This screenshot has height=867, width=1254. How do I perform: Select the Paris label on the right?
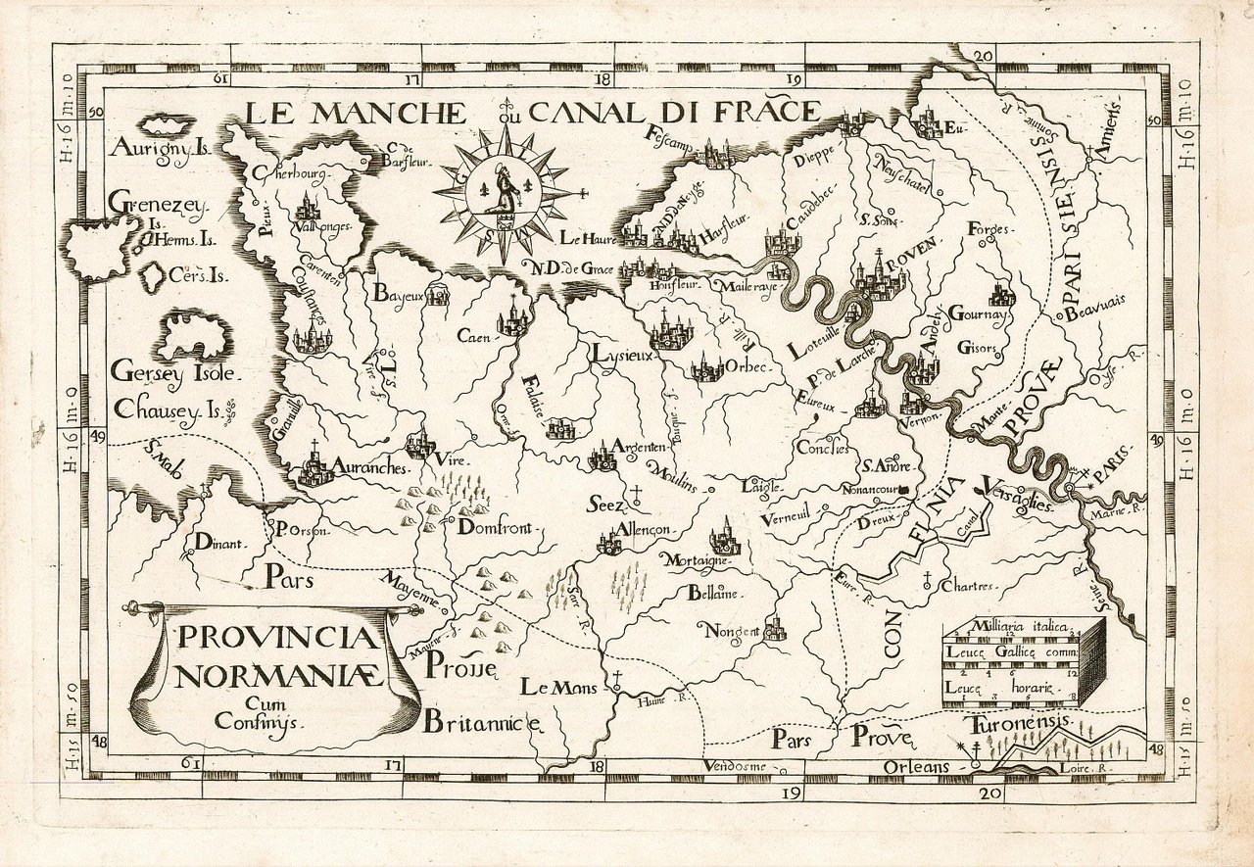click(1111, 475)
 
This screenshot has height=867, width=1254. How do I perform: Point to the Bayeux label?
click(398, 292)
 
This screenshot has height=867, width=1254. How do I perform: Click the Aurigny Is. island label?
click(160, 149)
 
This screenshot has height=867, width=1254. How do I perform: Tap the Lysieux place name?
click(621, 354)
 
